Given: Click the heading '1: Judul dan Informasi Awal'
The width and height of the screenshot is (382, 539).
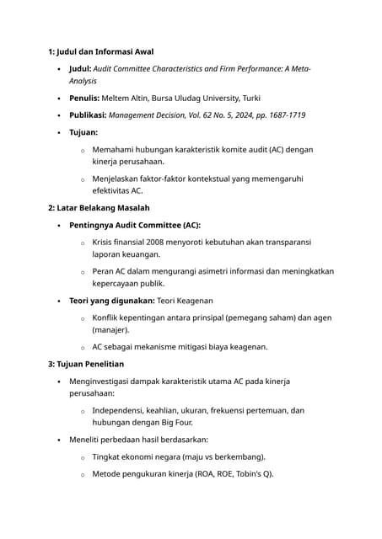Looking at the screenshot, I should (x=100, y=51).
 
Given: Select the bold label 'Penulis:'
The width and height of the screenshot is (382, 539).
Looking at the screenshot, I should (x=90, y=98).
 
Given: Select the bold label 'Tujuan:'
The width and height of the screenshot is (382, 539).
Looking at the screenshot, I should (x=83, y=132).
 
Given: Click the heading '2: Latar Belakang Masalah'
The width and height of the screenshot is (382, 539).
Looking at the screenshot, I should (x=99, y=207).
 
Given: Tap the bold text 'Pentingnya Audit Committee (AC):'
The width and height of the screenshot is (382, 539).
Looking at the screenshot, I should (x=135, y=225).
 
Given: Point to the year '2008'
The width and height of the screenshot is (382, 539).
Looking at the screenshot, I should (x=164, y=243).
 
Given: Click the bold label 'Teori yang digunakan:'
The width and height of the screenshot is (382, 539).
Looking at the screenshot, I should (x=112, y=301).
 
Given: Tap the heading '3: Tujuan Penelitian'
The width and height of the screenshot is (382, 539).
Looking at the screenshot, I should (x=86, y=364).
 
